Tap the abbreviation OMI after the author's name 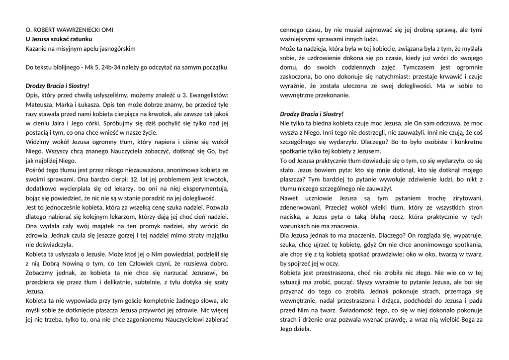pyautogui.click(x=106, y=30)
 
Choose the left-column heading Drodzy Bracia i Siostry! pyautogui.click(x=58, y=86)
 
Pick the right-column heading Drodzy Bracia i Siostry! pyautogui.click(x=312, y=114)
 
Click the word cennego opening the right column pyautogui.click(x=291, y=30)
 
